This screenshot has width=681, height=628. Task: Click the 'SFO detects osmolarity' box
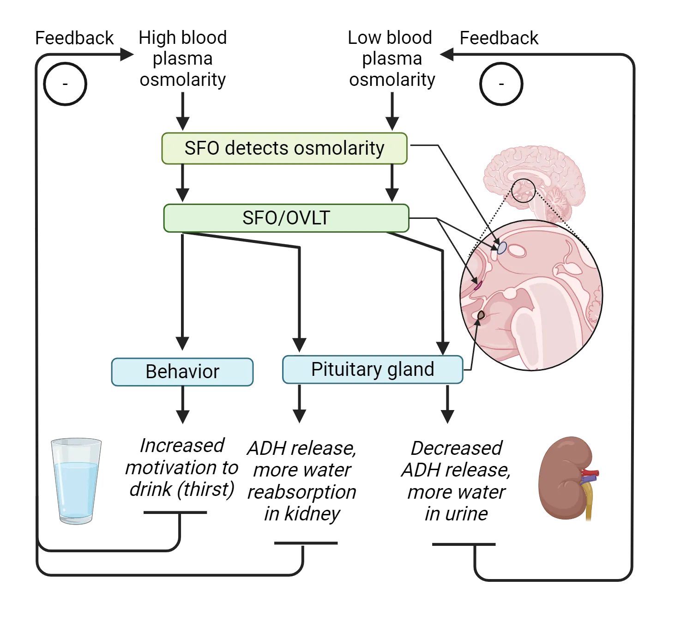(x=284, y=148)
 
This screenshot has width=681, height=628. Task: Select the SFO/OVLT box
(x=286, y=218)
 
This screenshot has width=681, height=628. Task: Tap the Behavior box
(x=182, y=372)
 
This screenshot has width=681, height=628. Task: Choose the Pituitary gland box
(x=372, y=369)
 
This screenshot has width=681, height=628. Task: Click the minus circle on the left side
(x=65, y=85)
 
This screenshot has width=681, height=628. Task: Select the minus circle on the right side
(x=501, y=85)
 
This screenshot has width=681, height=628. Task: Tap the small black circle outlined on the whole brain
(x=523, y=191)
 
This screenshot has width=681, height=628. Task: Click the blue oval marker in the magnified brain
(x=502, y=248)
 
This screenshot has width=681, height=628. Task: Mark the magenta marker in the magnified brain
(x=478, y=285)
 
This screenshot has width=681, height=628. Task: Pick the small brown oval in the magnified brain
(x=481, y=315)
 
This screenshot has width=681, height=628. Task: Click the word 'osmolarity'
(x=339, y=148)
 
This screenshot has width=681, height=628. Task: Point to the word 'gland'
(x=410, y=369)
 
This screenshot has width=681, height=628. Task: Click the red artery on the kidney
(x=592, y=473)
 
